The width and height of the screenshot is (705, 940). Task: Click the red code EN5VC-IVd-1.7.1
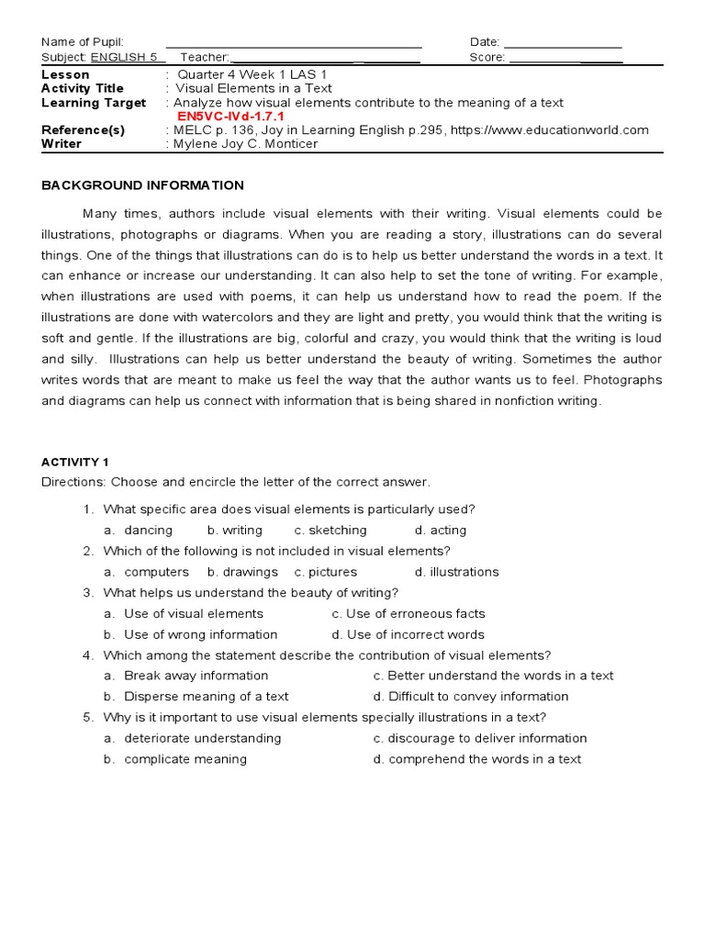(x=230, y=117)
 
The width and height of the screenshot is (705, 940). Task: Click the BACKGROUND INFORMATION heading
(x=142, y=185)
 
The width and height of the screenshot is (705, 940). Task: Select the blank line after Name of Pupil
(x=294, y=44)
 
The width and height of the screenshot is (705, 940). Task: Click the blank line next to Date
(x=563, y=44)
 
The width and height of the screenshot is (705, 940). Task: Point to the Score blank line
(x=565, y=59)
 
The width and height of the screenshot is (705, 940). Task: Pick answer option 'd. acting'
(x=440, y=531)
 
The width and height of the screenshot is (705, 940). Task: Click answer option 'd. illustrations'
(x=456, y=572)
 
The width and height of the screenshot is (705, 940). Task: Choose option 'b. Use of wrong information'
(x=190, y=634)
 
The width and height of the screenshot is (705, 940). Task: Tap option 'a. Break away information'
(x=185, y=676)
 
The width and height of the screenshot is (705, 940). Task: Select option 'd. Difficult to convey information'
(x=471, y=697)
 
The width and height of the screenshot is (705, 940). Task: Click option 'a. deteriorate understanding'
(x=192, y=738)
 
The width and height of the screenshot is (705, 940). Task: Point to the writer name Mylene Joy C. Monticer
(x=246, y=144)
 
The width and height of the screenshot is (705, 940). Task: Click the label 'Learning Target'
(x=94, y=103)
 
